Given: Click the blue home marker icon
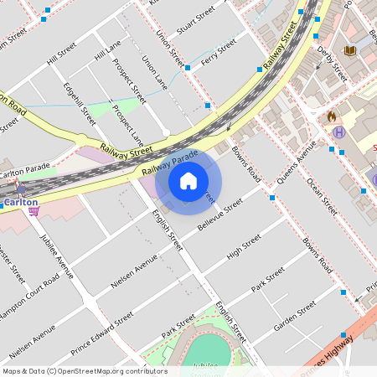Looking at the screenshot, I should pos(188,181).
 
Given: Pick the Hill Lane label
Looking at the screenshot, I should pos(108,49).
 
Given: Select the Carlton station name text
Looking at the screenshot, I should pos(20,202).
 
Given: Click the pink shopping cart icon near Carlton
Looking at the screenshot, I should pos(34,212).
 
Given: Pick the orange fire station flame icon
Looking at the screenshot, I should pos(332,116).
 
